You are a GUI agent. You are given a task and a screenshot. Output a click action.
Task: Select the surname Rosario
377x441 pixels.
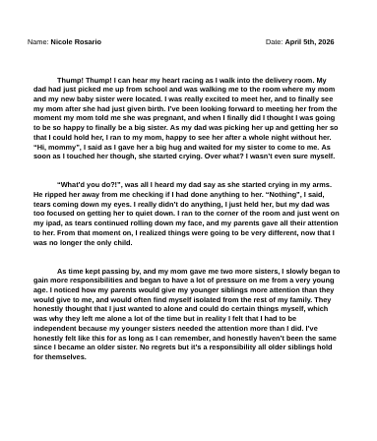pyautogui.click(x=87, y=42)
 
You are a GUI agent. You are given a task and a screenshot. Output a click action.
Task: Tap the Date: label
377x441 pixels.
pyautogui.click(x=274, y=42)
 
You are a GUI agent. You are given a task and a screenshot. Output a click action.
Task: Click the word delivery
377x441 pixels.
pyautogui.click(x=283, y=80)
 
